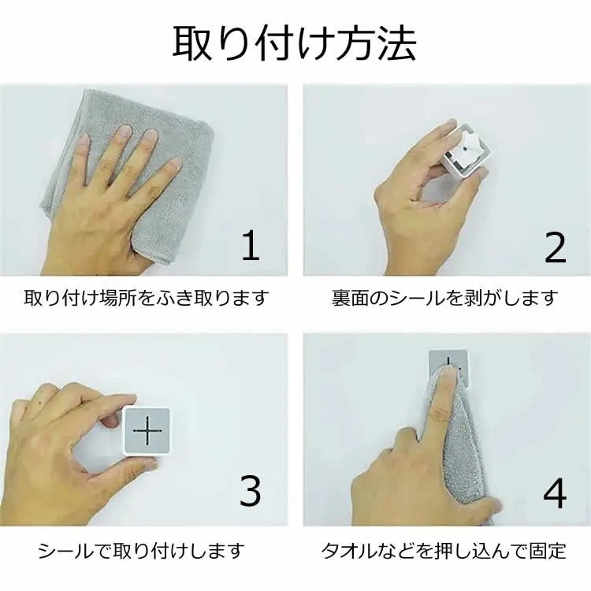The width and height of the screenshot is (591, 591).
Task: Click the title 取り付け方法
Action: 295,43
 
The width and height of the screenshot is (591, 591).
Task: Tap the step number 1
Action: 251,245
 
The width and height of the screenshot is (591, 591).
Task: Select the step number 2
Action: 556,247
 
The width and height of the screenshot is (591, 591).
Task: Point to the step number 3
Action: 251,490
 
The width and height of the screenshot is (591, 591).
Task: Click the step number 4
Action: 555,493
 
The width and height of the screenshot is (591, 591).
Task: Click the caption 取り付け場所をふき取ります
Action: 147,298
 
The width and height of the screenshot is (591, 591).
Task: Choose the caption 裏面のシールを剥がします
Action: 444,298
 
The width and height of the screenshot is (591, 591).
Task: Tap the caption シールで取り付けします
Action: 141,551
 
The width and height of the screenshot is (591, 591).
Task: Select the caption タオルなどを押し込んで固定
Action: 444,551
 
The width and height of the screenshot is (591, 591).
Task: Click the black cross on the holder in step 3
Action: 147,431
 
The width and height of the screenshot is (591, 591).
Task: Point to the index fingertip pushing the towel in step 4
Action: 448,374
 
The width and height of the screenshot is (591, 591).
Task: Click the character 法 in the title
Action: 397,43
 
